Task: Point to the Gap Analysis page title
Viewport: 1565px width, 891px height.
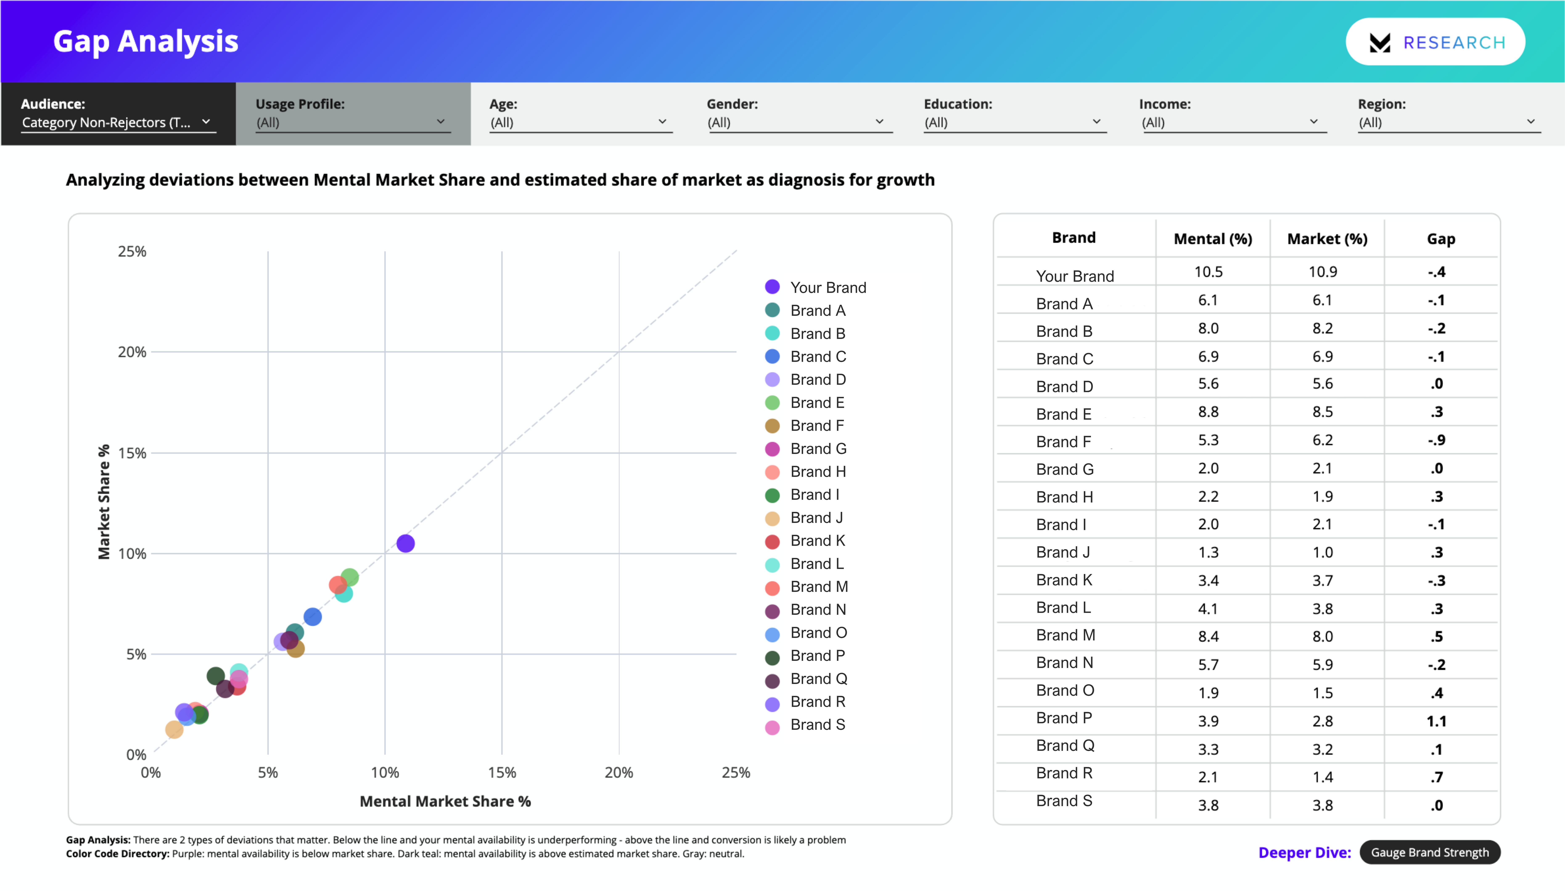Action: point(146,42)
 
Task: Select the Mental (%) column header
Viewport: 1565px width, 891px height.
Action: point(1212,239)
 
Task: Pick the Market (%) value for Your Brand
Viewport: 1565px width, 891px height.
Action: point(1322,272)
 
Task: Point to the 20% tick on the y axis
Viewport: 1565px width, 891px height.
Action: point(132,352)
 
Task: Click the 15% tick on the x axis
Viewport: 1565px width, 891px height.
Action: point(502,772)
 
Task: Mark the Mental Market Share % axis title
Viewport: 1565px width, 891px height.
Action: point(445,801)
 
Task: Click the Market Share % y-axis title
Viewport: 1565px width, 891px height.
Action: point(104,502)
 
